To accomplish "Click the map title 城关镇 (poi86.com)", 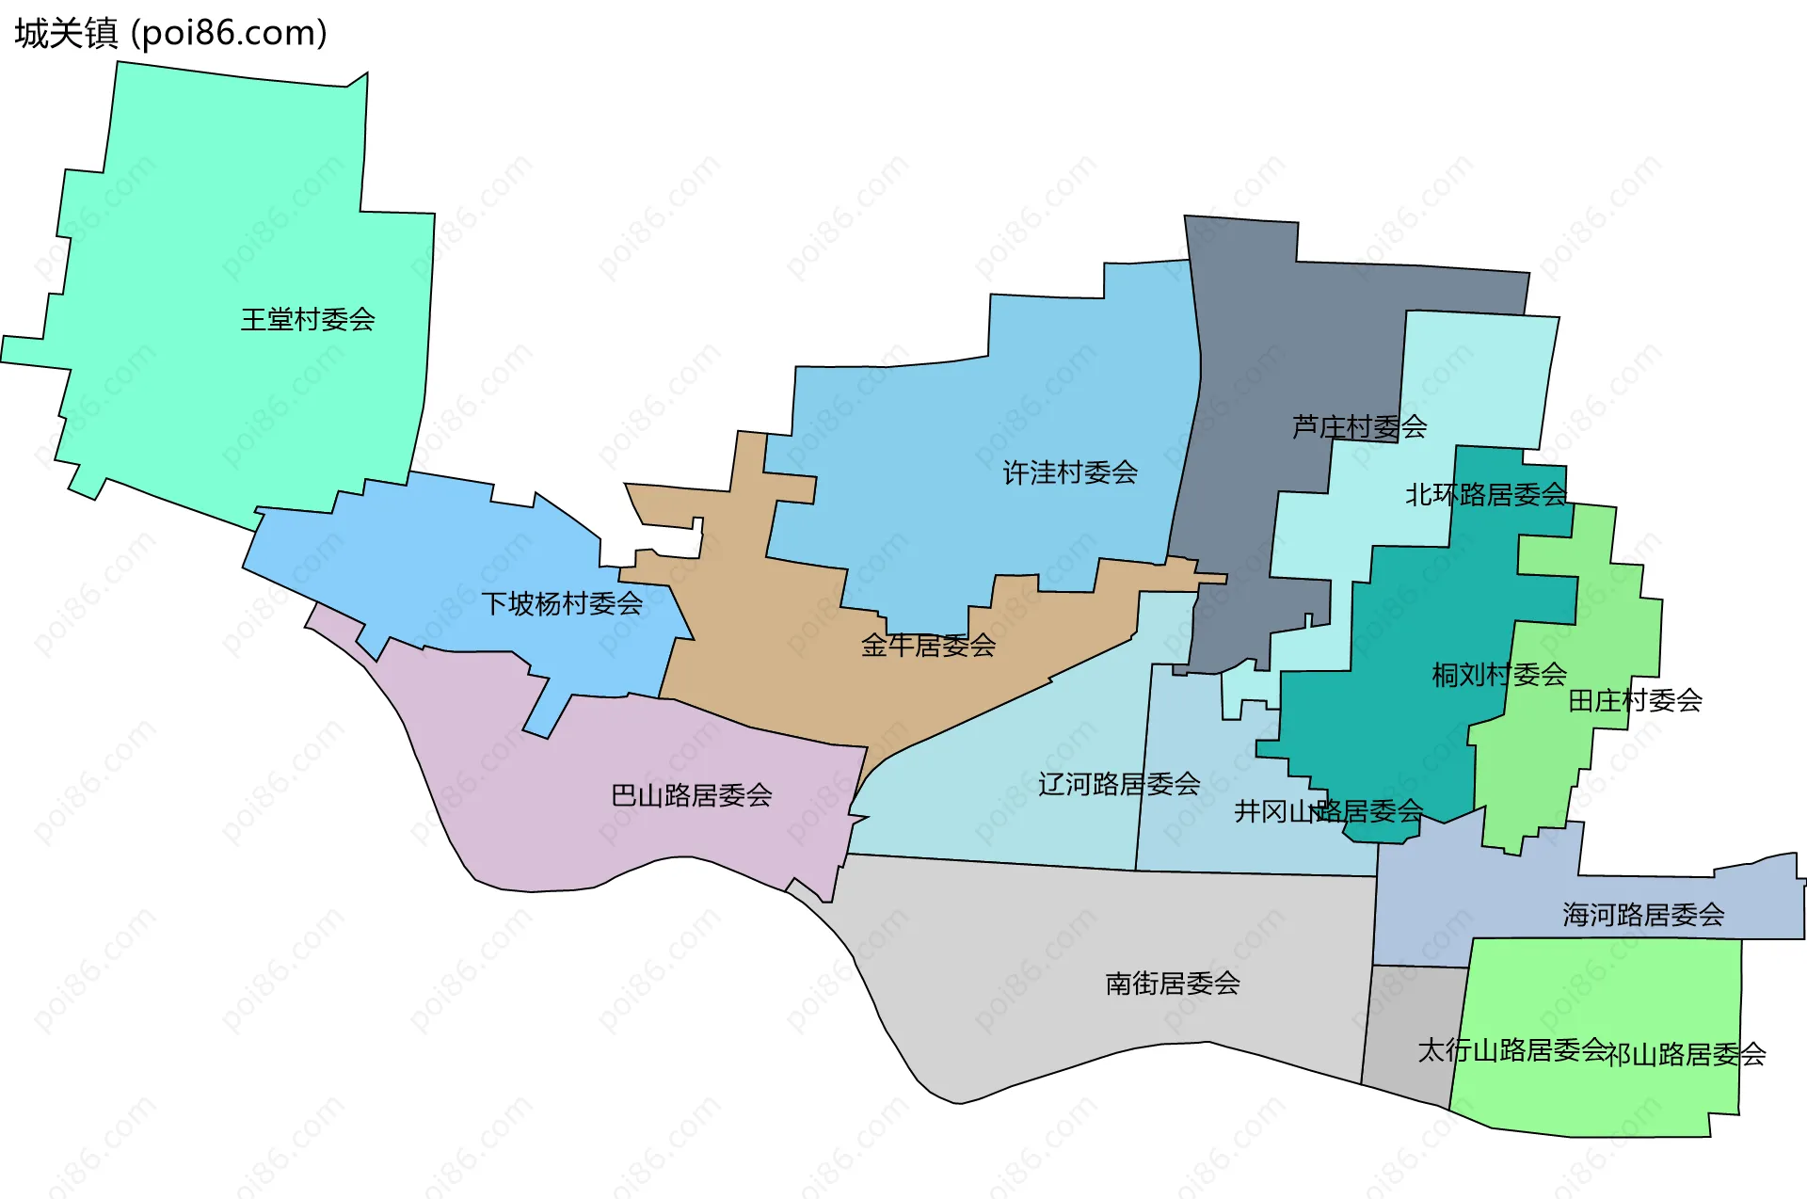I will tap(170, 33).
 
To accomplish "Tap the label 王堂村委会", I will tap(308, 320).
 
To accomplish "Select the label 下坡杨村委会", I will tap(562, 603).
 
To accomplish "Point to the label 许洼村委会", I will tap(1070, 472).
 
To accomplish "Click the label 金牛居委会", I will tap(928, 646).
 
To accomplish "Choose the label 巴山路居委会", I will tap(692, 796).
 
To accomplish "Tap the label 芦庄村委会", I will tap(1359, 427).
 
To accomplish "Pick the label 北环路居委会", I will tap(1486, 495).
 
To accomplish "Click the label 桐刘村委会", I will tap(1499, 675).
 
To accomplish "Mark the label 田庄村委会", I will tap(1635, 700).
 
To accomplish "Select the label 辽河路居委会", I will tap(1119, 784).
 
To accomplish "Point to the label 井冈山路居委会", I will tap(1328, 811).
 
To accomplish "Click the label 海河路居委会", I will tap(1643, 915).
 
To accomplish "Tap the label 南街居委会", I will tap(1173, 983).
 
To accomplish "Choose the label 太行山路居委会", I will tap(1511, 1050).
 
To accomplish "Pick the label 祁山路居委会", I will tap(1686, 1055).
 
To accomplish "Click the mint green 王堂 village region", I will tap(235, 235).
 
